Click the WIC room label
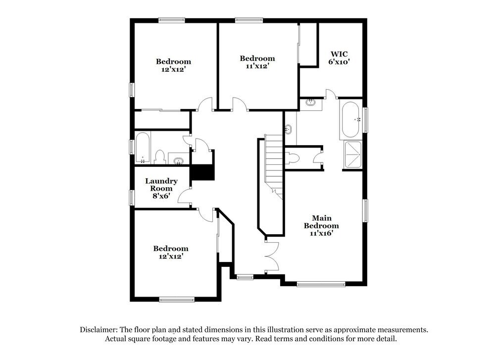coord(339,54)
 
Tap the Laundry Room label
coord(161,185)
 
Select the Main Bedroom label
coord(321,222)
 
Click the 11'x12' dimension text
coord(257,66)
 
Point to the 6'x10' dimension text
coord(339,62)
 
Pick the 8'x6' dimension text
coord(161,196)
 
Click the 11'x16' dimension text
coord(321,233)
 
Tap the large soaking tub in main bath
coord(351,119)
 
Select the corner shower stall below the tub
coord(352,154)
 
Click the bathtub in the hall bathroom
coord(143,148)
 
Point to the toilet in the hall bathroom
coord(160,157)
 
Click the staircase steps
coord(274,166)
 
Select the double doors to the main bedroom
coord(272,256)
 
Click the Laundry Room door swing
coord(184,197)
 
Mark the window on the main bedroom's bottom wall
coord(321,284)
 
